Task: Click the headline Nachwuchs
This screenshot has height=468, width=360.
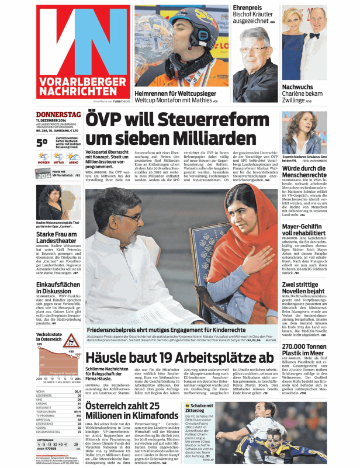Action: [297, 86]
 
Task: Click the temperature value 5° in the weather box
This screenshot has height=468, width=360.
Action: [42, 142]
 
